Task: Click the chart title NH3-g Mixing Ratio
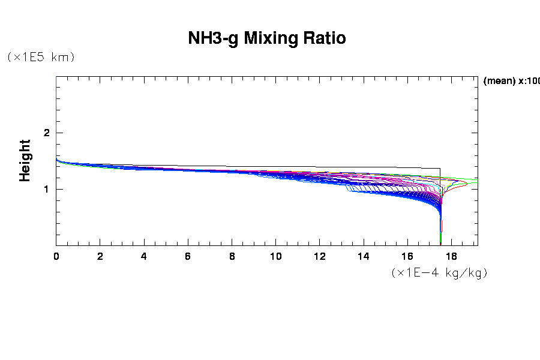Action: [267, 38]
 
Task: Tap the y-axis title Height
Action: [25, 160]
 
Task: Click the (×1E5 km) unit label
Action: [41, 57]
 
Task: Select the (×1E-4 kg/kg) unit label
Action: [439, 272]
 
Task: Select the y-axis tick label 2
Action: [46, 133]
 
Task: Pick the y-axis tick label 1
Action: [46, 190]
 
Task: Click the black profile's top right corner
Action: [440, 169]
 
